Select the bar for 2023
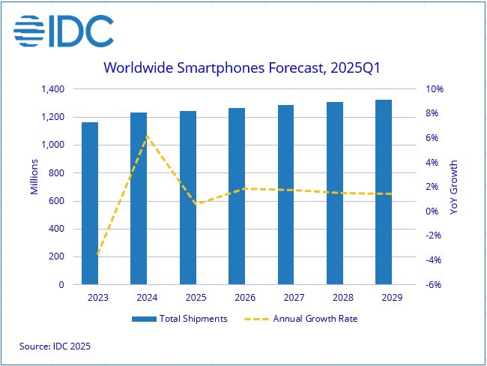90,203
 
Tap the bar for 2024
139,199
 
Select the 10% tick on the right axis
435,89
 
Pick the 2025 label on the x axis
188,298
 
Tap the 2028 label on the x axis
335,298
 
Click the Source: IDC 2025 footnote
55,346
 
